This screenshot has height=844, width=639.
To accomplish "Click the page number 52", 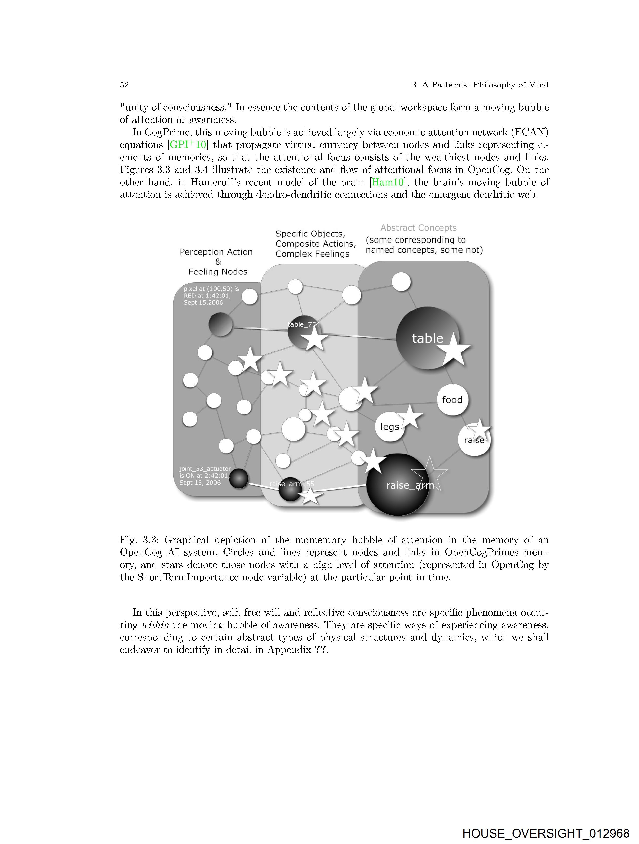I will (x=124, y=85).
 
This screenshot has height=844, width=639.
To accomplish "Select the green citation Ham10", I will (x=387, y=182).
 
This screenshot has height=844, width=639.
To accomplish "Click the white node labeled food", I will (x=452, y=400).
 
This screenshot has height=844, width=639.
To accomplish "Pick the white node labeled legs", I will (x=390, y=427).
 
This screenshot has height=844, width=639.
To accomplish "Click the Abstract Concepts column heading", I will (x=418, y=228).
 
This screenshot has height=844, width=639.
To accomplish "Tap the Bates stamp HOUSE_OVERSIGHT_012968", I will (x=546, y=833).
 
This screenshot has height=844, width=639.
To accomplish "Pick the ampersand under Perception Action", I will (x=218, y=262).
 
